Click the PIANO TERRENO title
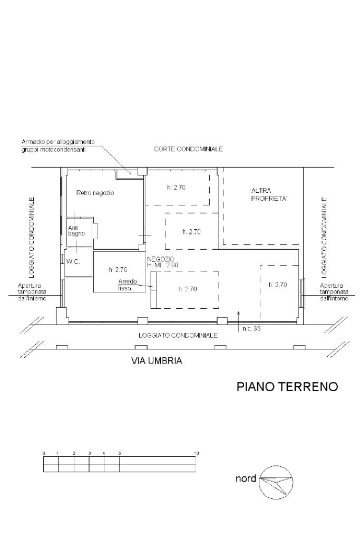287,386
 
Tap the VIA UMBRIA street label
157,361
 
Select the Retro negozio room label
95,193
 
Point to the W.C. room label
73,261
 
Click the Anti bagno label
76,231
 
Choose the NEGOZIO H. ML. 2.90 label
163,262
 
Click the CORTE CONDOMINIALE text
188,149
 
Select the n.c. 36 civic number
251,329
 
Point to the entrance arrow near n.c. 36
238,321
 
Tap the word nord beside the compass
246,478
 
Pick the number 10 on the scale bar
196,454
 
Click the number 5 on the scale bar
120,454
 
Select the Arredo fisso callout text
127,285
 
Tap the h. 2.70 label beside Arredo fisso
118,270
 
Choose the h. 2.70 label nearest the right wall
278,285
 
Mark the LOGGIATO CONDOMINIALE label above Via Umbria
178,336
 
